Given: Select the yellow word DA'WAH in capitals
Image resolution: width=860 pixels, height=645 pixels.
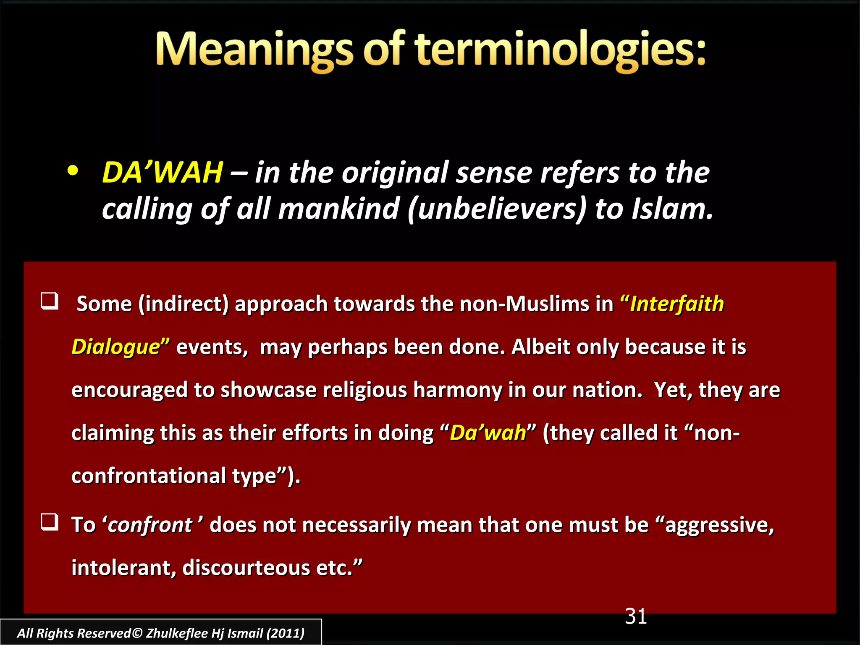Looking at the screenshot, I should click(x=163, y=173).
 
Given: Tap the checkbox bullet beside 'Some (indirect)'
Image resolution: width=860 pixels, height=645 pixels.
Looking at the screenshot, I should click(x=50, y=302).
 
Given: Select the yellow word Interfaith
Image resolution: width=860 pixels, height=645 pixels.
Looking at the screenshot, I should click(x=677, y=304).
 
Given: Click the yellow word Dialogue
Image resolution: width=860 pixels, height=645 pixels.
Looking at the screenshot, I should click(x=116, y=347).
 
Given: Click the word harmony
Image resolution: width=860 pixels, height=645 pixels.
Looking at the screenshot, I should click(x=457, y=390).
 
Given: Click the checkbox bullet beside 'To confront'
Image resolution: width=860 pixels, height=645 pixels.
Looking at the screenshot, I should click(x=50, y=522).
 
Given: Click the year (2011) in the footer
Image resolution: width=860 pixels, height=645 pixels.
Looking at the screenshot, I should click(x=286, y=633).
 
